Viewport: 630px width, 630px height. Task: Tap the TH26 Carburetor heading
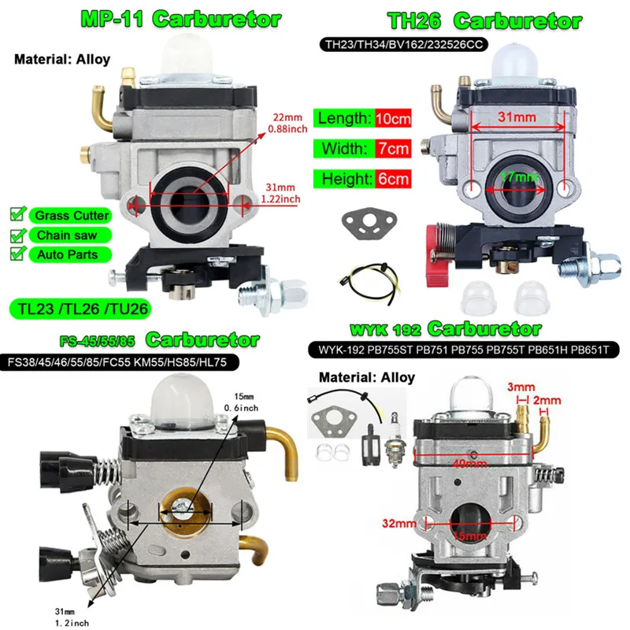[x=484, y=21]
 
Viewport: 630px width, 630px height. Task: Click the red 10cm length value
[x=393, y=119]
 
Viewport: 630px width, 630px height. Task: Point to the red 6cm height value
[x=393, y=179]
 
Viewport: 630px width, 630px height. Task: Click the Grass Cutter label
[x=71, y=215]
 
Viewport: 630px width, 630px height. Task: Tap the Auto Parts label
[x=67, y=254]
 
